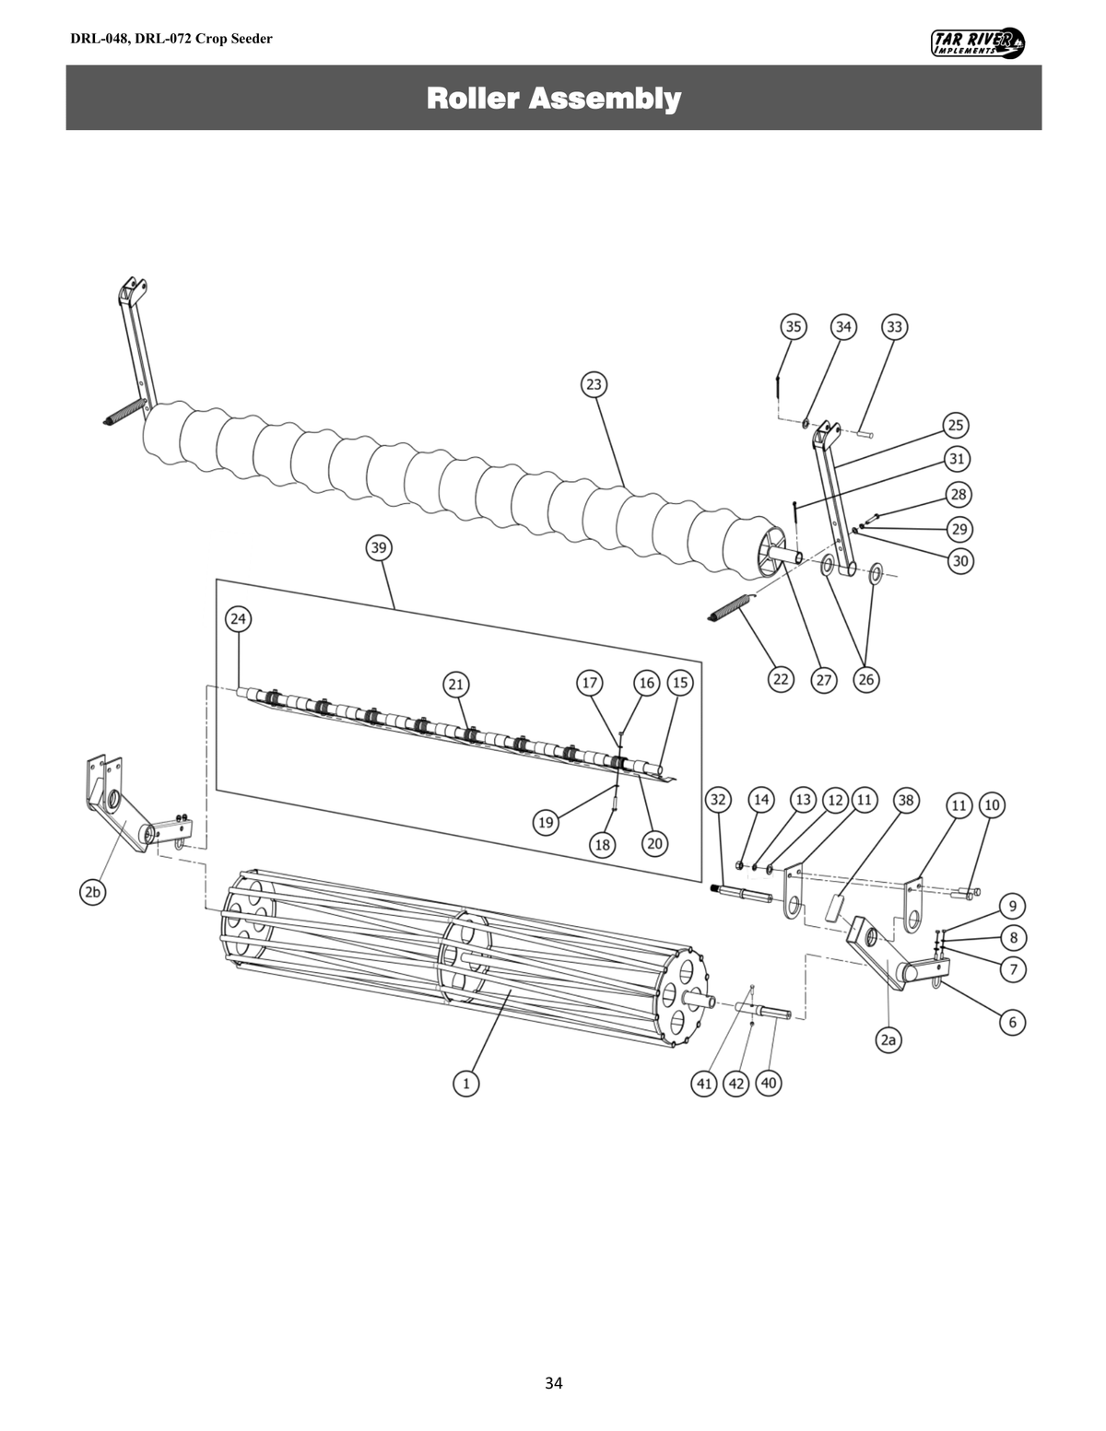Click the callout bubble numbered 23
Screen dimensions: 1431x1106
click(594, 384)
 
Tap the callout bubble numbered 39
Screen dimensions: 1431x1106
click(378, 547)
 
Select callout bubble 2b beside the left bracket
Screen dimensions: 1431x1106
click(90, 892)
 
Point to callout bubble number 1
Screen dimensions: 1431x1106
click(466, 1084)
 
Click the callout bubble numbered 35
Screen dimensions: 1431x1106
click(793, 326)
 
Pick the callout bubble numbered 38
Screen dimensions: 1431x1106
click(905, 800)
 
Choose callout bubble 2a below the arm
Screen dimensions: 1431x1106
click(888, 1040)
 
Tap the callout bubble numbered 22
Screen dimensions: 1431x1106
click(781, 679)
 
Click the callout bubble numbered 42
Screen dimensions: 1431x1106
click(735, 1084)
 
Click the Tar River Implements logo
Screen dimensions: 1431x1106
click(980, 42)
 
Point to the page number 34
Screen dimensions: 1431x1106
click(553, 1382)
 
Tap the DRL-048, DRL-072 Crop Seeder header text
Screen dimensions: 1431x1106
click(171, 39)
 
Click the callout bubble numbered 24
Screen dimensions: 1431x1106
click(239, 618)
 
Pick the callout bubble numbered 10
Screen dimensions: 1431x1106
click(992, 804)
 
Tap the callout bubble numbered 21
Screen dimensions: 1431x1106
click(455, 684)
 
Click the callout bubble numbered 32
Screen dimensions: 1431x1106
click(719, 800)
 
